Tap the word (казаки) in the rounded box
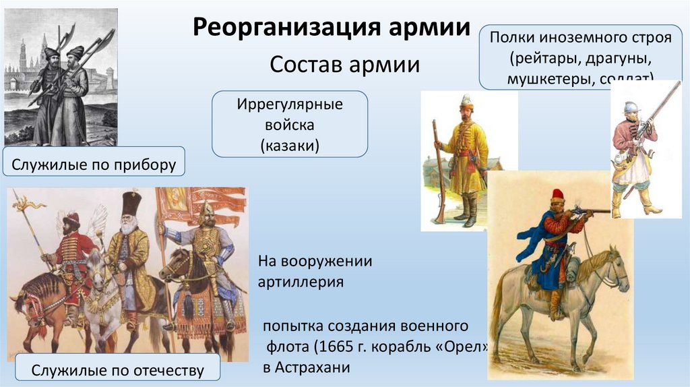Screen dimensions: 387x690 tap(290, 144)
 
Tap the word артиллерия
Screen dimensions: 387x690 tap(301, 282)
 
